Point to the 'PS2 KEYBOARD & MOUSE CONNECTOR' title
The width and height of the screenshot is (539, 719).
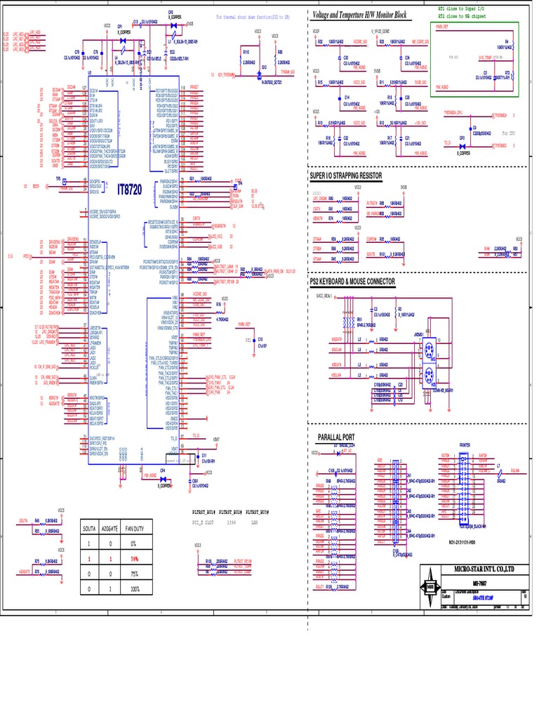point(352,282)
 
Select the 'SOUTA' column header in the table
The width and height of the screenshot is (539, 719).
point(89,527)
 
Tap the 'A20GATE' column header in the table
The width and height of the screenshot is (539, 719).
point(110,527)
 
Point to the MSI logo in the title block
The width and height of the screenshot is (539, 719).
point(430,587)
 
